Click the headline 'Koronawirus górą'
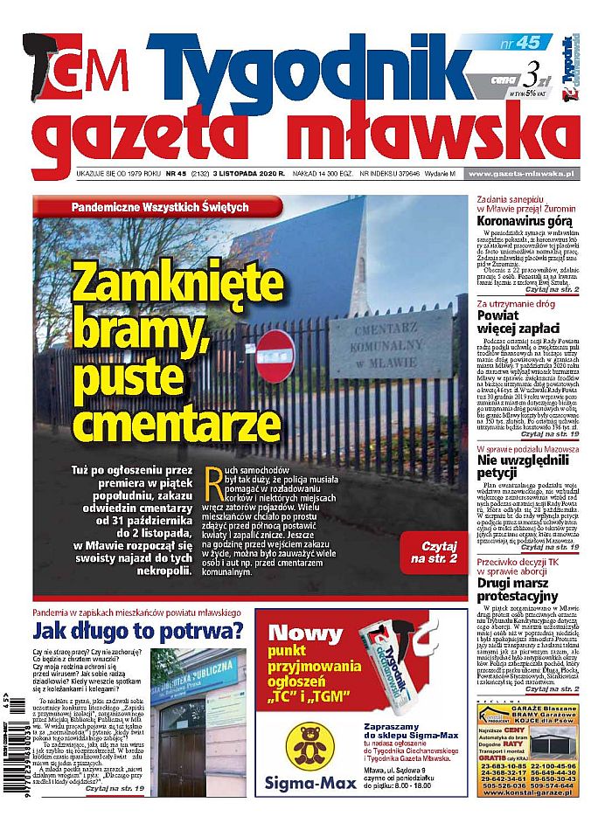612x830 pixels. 518,223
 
